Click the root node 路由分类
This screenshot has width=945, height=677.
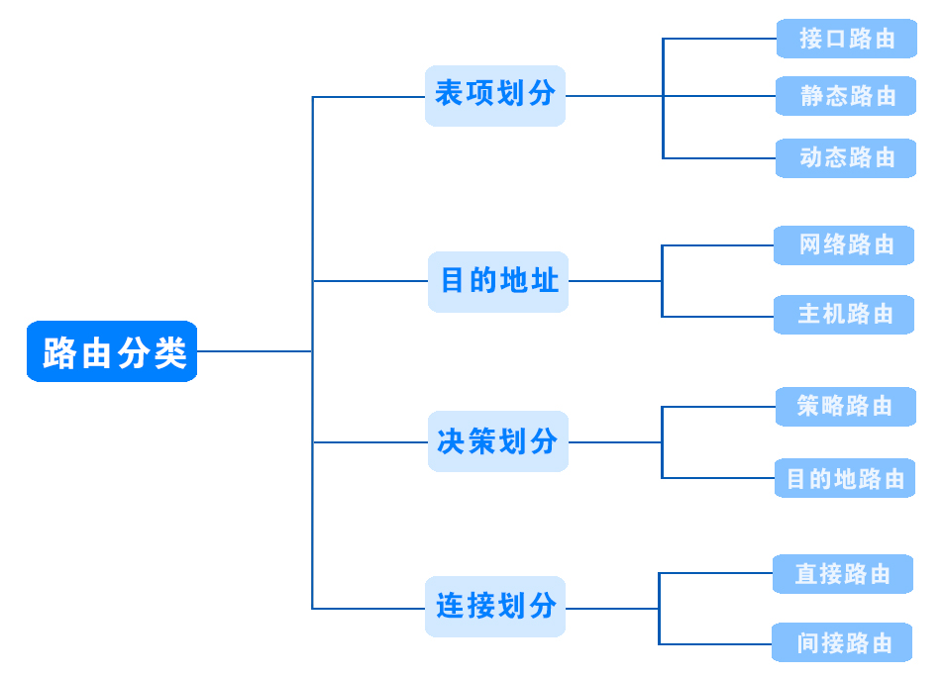coord(112,351)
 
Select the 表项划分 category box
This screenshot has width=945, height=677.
coord(494,95)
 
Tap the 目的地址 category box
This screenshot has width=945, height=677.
coord(498,281)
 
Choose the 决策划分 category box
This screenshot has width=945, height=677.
coord(497,441)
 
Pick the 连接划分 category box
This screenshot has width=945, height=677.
coord(494,606)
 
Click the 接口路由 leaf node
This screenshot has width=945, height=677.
coord(846,39)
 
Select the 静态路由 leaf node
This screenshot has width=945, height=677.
coord(846,96)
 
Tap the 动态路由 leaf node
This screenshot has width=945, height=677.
coord(846,157)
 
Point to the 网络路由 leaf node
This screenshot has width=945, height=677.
coord(844,244)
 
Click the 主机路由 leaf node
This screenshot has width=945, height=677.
coord(844,315)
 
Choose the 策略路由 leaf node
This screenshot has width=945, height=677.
coord(845,406)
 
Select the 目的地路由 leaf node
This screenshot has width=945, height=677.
coord(844,479)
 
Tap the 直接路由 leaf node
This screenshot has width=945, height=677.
coord(842,574)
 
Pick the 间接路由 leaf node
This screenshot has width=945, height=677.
coord(842,643)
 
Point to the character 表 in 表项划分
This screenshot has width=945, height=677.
coord(449,94)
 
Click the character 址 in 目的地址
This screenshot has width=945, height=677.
coord(544,281)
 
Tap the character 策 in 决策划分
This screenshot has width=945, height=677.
coord(481,441)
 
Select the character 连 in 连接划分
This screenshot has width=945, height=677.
coord(449,606)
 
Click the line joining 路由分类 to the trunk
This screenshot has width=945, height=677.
coord(255,351)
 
